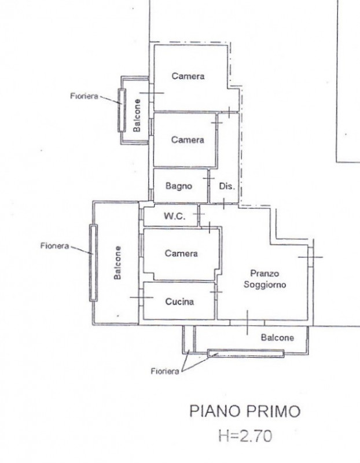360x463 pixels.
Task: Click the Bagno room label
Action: pyautogui.click(x=179, y=186)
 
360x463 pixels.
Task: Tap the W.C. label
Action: pyautogui.click(x=175, y=216)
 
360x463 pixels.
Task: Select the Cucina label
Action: pyautogui.click(x=179, y=302)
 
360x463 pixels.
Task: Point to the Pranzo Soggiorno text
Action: pyautogui.click(x=265, y=279)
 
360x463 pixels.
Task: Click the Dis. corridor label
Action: pyautogui.click(x=227, y=186)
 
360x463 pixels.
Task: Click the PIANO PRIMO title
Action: pyautogui.click(x=244, y=411)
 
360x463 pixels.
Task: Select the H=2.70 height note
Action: pyautogui.click(x=245, y=436)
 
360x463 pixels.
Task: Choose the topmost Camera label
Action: pyautogui.click(x=188, y=76)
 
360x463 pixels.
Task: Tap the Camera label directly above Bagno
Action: pyautogui.click(x=188, y=139)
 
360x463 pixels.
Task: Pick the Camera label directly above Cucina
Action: pyautogui.click(x=181, y=253)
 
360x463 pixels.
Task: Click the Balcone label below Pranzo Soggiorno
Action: pyautogui.click(x=277, y=337)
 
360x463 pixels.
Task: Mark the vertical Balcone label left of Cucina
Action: pyautogui.click(x=117, y=263)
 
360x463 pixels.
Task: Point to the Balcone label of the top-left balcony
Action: pyautogui.click(x=137, y=115)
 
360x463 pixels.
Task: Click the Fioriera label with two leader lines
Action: pyautogui.click(x=165, y=371)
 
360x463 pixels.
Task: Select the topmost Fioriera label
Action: pyautogui.click(x=84, y=96)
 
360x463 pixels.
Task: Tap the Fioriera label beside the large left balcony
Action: pyautogui.click(x=54, y=245)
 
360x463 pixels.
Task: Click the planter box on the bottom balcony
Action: pyautogui.click(x=246, y=353)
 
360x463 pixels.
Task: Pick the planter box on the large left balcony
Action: pyautogui.click(x=93, y=263)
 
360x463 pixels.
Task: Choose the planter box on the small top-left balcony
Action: pyautogui.click(x=122, y=110)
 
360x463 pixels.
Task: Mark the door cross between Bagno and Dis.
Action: pyautogui.click(x=209, y=179)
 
